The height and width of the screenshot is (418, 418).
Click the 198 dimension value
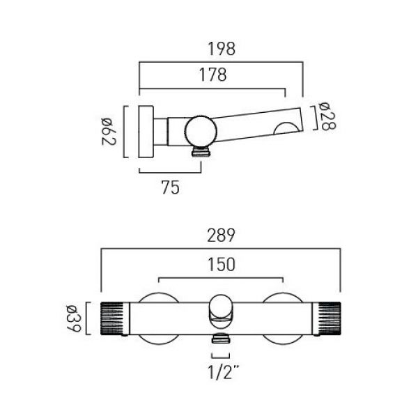coord(222,49)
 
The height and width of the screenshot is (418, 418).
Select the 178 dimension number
coord(213,75)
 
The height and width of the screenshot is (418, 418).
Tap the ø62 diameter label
coord(109,132)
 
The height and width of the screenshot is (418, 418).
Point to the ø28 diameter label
coord(327,116)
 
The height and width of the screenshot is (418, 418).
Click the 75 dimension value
coord(171,187)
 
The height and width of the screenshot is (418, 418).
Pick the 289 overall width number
coord(222,235)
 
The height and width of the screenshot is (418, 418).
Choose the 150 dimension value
coord(222,265)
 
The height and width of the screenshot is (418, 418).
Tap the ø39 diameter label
coord(74,318)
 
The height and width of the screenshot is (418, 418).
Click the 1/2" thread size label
coord(224,372)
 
